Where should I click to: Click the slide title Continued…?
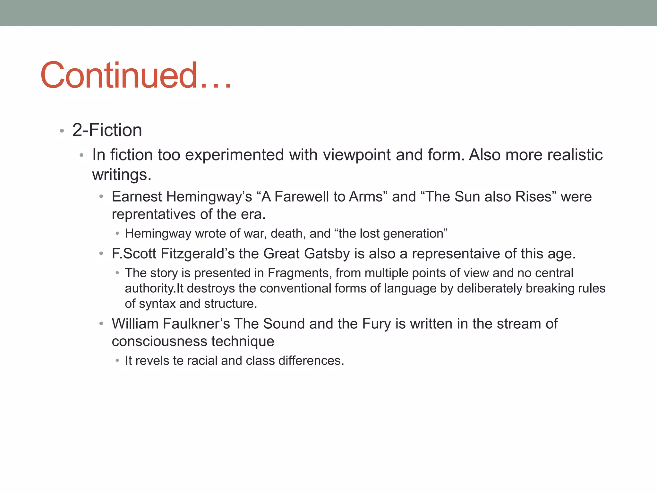point(136,75)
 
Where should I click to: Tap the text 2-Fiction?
point(107,130)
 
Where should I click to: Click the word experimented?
point(235,155)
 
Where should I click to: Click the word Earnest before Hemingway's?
point(137,197)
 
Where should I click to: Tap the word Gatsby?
point(327,254)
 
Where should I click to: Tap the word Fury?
point(376,324)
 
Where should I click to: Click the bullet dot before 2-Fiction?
point(62,131)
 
